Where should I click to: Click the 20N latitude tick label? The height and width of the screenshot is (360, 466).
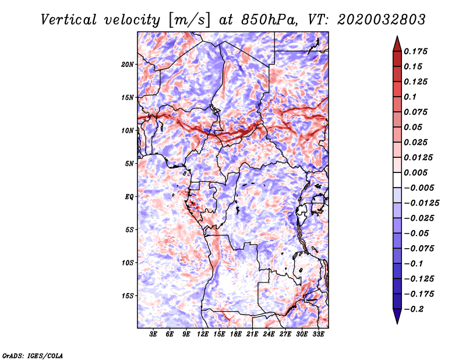pos(128,64)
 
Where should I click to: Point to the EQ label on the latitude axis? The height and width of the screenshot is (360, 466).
pos(129,197)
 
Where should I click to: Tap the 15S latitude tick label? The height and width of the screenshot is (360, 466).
pos(128,296)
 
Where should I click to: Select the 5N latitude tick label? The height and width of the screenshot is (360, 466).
pos(129,164)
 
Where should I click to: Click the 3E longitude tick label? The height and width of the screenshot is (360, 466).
pos(153,334)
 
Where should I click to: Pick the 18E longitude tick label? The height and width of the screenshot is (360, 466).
pos(236,334)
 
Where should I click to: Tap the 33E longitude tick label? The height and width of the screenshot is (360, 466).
pos(318,334)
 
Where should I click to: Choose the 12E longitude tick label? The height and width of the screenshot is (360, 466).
pos(203,334)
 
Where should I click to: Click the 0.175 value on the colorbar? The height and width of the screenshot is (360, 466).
pos(415,51)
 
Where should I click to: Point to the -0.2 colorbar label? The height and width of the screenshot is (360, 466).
pos(414,309)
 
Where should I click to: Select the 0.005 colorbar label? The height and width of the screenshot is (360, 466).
pos(415,172)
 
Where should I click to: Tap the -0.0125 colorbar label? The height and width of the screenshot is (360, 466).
pos(421,203)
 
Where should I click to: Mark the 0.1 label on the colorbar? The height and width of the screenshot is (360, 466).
pos(410,97)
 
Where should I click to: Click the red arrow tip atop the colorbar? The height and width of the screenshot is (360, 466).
pos(397,36)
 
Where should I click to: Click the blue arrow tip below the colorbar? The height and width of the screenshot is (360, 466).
pos(397,323)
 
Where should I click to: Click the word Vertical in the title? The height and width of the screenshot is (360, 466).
pos(68,20)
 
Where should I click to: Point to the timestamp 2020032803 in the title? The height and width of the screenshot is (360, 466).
pos(381,20)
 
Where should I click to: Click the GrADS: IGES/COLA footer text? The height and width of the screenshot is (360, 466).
pos(33,356)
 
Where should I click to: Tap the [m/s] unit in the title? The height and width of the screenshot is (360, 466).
pos(189,20)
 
